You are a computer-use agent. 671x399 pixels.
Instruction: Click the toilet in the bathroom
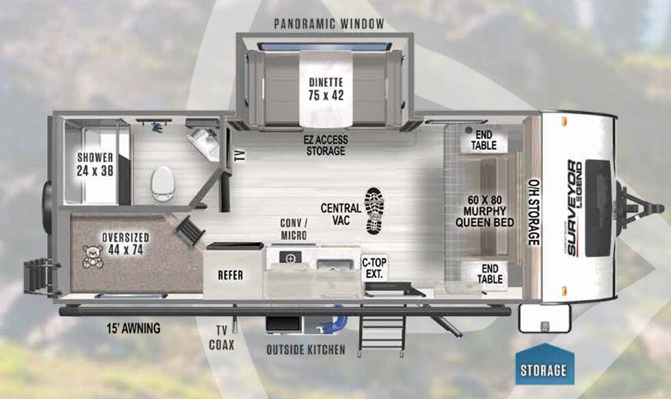[163, 183]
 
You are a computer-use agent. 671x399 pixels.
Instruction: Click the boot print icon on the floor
[376, 210]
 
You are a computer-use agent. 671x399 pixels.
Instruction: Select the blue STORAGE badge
[544, 370]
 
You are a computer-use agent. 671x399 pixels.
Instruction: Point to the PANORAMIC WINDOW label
[329, 24]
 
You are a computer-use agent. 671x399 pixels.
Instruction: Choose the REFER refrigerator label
[231, 275]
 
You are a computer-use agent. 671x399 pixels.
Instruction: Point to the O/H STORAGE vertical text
[534, 212]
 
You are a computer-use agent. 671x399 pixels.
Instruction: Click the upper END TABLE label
[488, 141]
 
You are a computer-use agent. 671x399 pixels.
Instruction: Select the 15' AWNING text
[133, 329]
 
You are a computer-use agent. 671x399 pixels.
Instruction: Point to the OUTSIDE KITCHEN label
[306, 350]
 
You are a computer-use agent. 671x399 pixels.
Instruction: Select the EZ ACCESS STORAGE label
[325, 145]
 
